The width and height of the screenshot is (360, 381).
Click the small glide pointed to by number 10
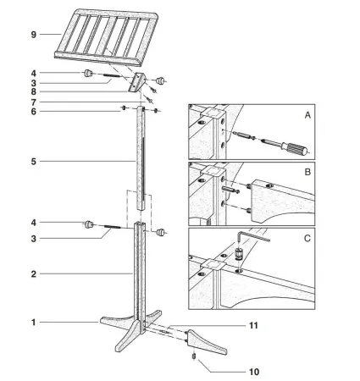coord(196,356)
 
